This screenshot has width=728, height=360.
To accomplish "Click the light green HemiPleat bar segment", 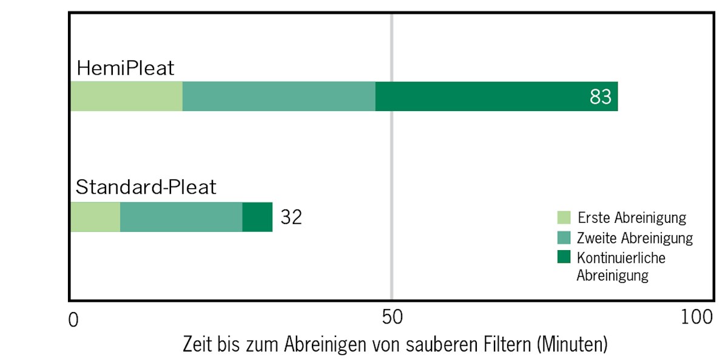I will click(x=126, y=97).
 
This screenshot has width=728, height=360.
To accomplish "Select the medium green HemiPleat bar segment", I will click(x=278, y=97).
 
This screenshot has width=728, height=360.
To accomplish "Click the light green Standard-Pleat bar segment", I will click(x=95, y=217).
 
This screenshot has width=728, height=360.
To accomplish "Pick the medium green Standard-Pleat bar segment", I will click(x=181, y=217).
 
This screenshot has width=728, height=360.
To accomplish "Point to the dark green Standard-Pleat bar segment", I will click(x=257, y=217).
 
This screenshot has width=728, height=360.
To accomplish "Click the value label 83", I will click(x=600, y=97).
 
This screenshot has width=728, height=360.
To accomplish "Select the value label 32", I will click(x=291, y=217).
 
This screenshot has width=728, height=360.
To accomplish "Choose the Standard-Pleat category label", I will click(x=146, y=187).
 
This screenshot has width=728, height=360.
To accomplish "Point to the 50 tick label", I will click(x=393, y=318).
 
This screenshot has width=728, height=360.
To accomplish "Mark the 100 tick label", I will click(x=696, y=318).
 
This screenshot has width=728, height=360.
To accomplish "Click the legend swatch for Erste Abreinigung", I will click(x=564, y=217).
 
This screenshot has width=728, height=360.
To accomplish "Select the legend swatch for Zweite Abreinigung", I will click(x=564, y=237).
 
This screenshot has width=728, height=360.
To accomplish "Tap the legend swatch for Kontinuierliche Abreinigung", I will click(x=564, y=257).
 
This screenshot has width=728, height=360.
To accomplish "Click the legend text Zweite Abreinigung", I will click(x=635, y=238).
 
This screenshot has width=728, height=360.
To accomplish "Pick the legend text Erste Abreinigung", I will click(x=632, y=217).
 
